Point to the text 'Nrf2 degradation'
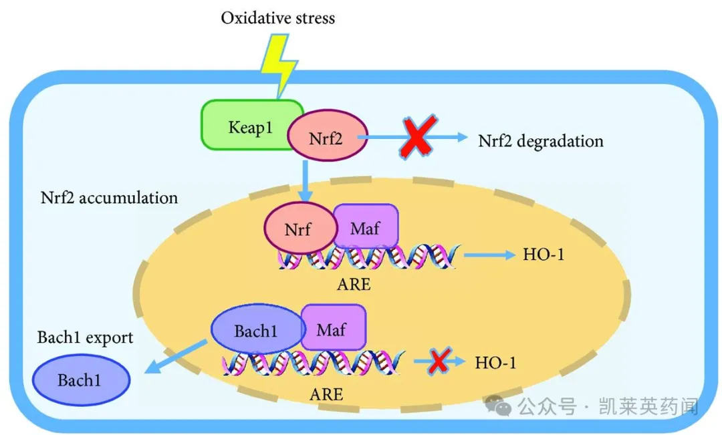point(540,141)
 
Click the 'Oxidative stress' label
point(277,17)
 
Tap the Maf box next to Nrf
point(365,228)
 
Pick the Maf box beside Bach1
point(333,329)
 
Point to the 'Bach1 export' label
point(85,337)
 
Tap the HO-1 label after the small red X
point(495,363)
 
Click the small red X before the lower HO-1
point(439,361)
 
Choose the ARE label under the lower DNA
point(326,394)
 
